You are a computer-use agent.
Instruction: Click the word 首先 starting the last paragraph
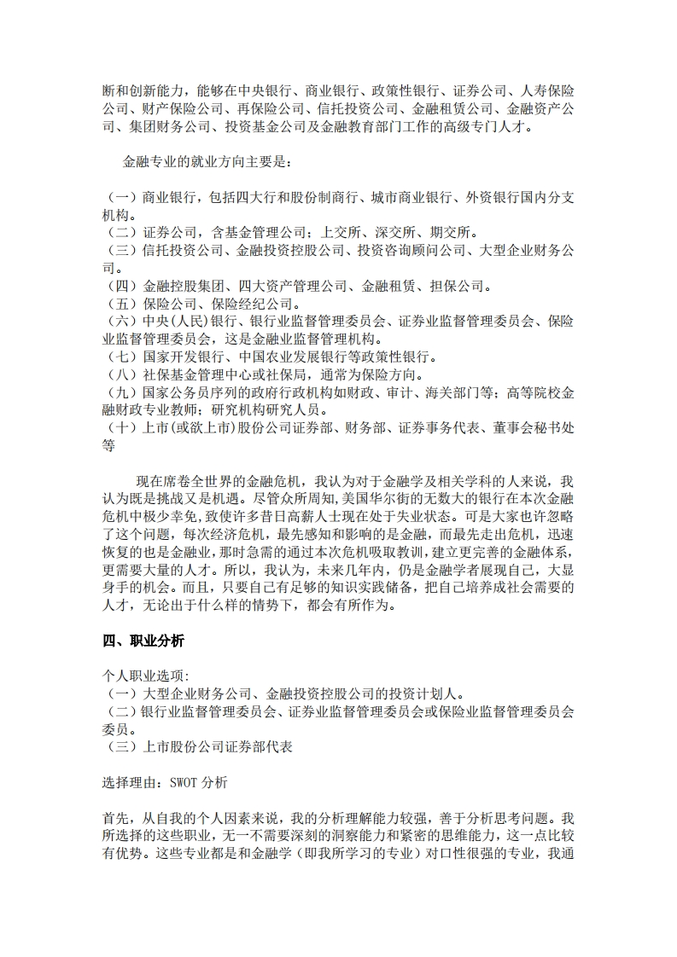(110, 818)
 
